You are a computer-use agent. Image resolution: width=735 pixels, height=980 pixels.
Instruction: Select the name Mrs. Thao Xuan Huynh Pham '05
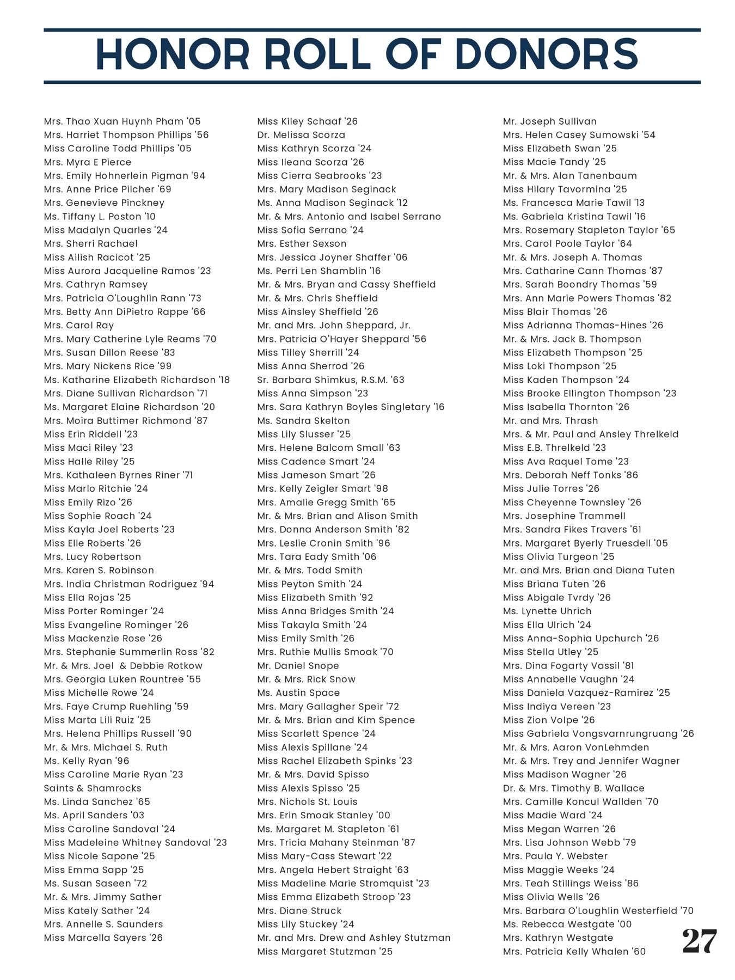(x=122, y=121)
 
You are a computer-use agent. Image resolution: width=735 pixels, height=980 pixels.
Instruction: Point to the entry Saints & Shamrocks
(x=93, y=788)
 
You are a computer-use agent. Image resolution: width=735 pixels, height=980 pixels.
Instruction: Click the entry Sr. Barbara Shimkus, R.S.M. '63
(x=330, y=379)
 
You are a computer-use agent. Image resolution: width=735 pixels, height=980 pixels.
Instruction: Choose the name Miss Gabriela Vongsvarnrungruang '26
(x=598, y=733)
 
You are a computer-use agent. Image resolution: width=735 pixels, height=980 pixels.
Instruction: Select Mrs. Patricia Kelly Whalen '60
(x=574, y=951)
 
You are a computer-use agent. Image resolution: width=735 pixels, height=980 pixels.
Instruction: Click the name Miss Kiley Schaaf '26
(x=307, y=121)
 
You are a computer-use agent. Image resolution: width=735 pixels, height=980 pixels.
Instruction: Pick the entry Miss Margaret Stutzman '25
(x=324, y=951)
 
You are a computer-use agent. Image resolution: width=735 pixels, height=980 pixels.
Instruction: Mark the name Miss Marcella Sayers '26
(x=103, y=938)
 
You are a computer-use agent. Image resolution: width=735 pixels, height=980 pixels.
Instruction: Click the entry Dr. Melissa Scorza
(x=301, y=135)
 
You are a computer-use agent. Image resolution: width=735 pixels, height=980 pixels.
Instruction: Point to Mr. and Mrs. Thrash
(x=550, y=420)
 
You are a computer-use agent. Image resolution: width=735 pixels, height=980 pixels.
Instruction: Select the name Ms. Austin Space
(x=298, y=693)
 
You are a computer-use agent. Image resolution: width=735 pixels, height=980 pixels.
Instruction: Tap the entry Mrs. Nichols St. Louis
(x=307, y=801)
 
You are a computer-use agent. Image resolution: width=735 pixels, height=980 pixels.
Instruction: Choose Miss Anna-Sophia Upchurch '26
(x=580, y=638)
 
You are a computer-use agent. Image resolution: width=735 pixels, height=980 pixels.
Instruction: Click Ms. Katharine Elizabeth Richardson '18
(x=137, y=379)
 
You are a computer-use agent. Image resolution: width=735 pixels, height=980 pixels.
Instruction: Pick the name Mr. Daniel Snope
(x=298, y=665)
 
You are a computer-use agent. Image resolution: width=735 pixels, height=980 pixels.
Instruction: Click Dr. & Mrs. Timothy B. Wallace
(x=573, y=788)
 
